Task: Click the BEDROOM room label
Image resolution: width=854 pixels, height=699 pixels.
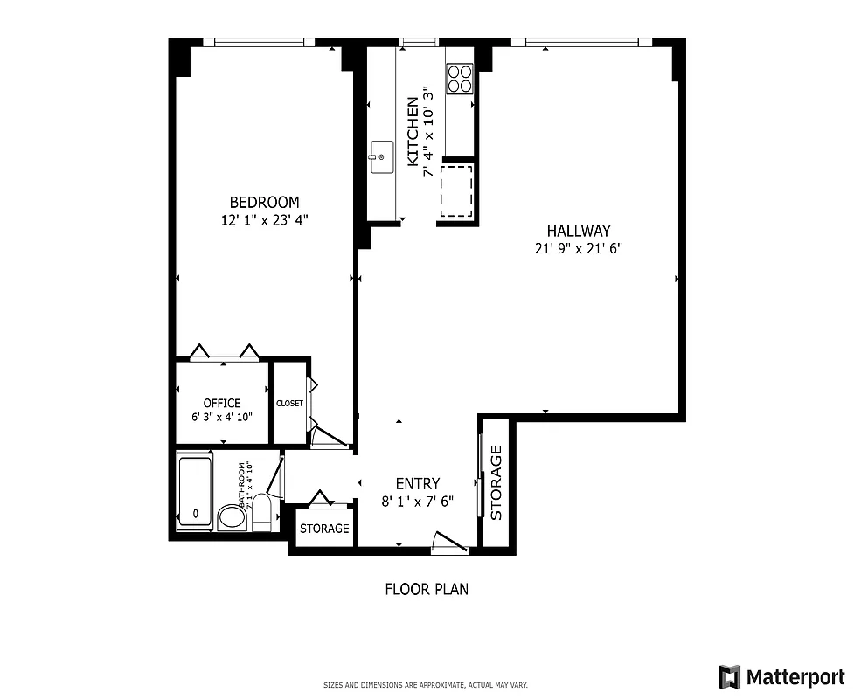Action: (264, 203)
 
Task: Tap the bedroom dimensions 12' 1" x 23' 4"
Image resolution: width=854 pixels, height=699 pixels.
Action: (264, 221)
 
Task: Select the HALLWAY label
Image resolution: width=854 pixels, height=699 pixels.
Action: (578, 231)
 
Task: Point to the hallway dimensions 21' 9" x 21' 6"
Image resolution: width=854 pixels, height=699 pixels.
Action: (578, 248)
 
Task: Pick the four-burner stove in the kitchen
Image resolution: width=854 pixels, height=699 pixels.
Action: (460, 80)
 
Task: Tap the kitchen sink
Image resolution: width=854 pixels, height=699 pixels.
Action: (380, 156)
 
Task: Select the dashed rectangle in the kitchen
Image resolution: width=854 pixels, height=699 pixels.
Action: (456, 191)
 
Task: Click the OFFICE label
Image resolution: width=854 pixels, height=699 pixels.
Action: (222, 403)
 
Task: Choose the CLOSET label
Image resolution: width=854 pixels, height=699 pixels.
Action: (289, 404)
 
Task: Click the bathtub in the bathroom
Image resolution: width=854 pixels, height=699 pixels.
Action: (194, 492)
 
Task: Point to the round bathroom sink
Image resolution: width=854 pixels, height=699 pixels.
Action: (232, 516)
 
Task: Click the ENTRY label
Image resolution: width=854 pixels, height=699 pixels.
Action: (417, 484)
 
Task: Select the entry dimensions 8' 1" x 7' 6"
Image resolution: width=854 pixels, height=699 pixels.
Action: (417, 501)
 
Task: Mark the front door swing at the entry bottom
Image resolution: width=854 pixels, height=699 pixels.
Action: (451, 543)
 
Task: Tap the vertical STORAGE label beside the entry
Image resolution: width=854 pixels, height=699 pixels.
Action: (496, 482)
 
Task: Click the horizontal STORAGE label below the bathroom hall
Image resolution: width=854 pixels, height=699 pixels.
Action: (324, 529)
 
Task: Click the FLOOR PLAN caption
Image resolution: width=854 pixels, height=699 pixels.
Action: (427, 589)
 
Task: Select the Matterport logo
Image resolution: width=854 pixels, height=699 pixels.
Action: (781, 676)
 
